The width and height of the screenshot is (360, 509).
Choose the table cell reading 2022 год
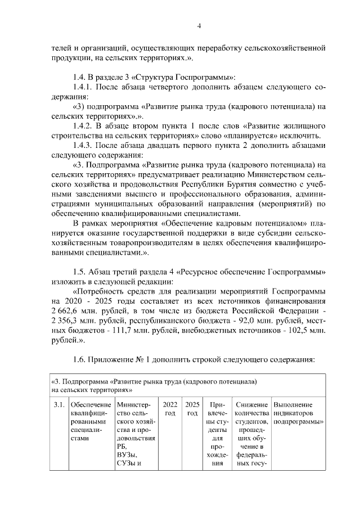tap(170, 409)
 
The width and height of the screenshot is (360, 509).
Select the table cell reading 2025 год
tap(192, 409)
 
